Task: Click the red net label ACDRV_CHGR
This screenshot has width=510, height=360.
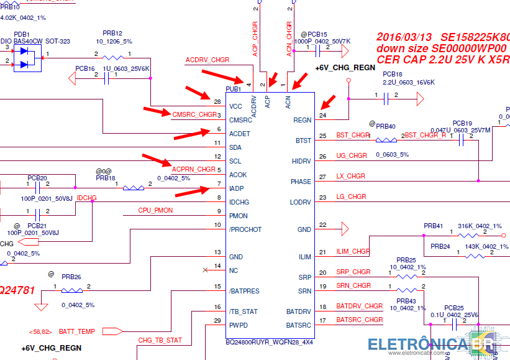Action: (207, 60)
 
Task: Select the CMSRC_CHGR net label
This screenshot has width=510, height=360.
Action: (194, 114)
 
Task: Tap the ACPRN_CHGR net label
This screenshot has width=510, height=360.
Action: (194, 169)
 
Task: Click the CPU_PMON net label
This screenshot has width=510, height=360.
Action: (155, 211)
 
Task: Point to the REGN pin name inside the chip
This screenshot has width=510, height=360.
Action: (302, 121)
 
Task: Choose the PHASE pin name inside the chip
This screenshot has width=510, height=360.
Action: (301, 182)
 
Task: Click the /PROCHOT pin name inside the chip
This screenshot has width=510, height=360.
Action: (245, 229)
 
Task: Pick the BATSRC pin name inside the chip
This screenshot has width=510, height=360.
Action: (299, 325)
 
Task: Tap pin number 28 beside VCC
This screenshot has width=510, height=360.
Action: (217, 101)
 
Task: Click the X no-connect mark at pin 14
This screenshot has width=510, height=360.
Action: (206, 270)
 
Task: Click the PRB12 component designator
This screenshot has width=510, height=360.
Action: (112, 34)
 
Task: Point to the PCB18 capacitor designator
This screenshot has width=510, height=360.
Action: (393, 73)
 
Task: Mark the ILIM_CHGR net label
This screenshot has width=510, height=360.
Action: (352, 252)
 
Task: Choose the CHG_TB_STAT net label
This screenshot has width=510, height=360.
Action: (160, 340)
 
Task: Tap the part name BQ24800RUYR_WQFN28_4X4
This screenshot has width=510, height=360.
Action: (269, 343)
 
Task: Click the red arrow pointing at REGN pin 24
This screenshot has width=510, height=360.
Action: (328, 101)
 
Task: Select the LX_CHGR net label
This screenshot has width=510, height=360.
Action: (350, 176)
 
